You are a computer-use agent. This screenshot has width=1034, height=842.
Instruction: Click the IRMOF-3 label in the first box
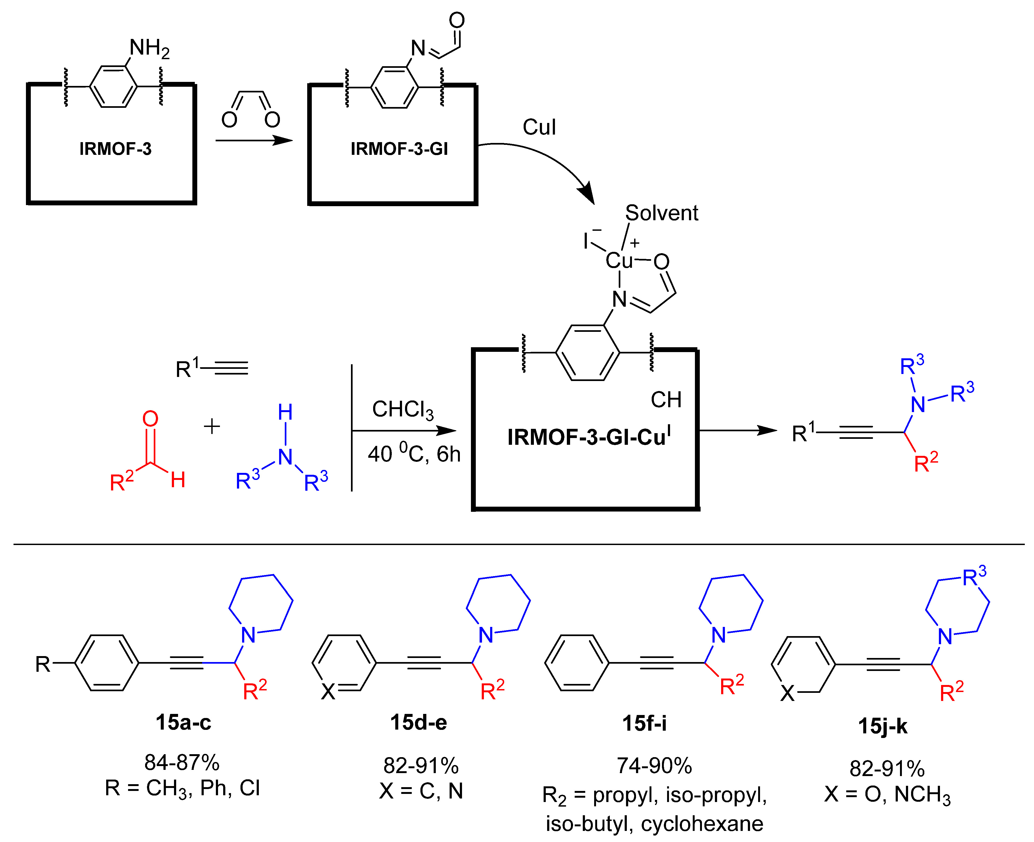coord(115,148)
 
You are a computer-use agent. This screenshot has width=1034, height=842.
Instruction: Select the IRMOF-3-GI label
coord(399,148)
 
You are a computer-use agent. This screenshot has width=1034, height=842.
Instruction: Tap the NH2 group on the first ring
coord(149,48)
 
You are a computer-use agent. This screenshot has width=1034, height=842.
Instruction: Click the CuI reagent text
coord(539,127)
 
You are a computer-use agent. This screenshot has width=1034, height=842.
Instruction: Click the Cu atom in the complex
coord(618,260)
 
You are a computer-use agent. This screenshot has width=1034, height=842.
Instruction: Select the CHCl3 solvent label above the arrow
coord(403,410)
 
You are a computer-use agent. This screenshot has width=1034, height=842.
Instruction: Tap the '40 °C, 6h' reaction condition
coord(414,453)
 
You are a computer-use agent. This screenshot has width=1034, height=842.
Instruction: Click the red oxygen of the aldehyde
coord(150,419)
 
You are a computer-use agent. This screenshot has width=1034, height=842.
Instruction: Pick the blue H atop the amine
coord(285,412)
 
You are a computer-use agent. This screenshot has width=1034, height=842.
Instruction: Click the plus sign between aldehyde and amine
coord(212,426)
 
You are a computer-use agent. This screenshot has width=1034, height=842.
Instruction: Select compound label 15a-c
coord(183,722)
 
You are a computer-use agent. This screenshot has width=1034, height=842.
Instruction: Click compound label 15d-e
coord(419,722)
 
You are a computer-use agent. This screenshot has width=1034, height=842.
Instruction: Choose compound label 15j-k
coord(883,726)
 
